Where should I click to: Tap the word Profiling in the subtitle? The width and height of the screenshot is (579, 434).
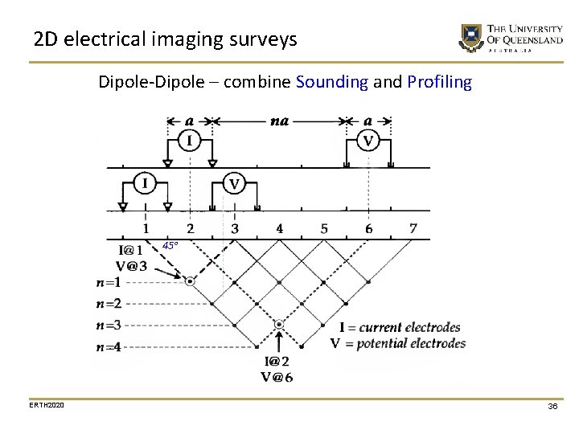point(440,82)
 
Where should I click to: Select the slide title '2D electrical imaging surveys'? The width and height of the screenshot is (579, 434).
point(166,39)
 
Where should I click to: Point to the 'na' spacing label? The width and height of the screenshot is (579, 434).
point(279,121)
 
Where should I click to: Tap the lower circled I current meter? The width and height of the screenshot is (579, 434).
point(145,184)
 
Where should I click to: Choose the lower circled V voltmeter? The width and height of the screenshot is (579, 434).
point(234,184)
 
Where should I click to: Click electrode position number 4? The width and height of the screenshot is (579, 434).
point(279,229)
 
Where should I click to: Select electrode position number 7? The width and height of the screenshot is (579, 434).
point(413,229)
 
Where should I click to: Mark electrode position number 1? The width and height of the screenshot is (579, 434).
point(146,229)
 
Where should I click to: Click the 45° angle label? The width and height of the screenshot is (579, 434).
point(170,245)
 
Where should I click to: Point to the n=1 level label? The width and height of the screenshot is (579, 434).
point(108,282)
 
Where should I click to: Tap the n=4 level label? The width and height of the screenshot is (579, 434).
point(108,347)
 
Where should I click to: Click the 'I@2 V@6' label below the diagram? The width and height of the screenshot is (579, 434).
point(277,370)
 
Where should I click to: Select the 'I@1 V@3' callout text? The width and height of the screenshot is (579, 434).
point(131,258)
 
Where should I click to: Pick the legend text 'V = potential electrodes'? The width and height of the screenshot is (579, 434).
point(398,343)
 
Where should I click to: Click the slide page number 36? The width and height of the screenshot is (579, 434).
point(552,407)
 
